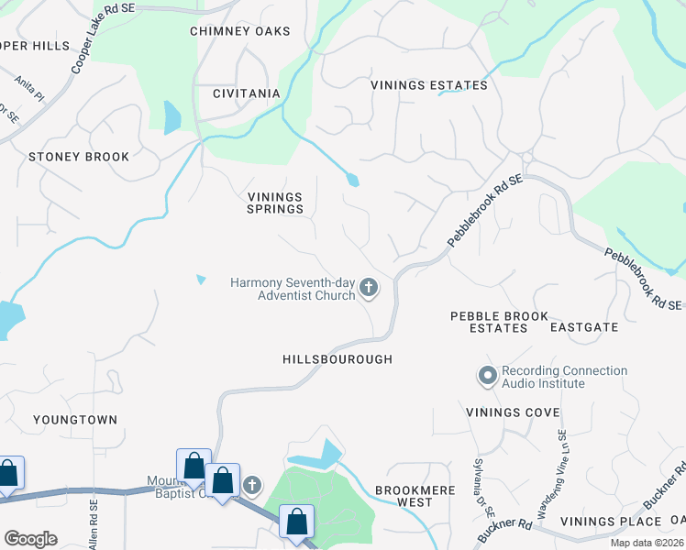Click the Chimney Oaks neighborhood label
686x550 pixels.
[x=239, y=31]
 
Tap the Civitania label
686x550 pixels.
[x=246, y=93]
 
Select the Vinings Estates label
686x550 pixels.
[x=428, y=85]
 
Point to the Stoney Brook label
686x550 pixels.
[x=79, y=157]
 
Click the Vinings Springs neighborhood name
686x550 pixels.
[x=275, y=203]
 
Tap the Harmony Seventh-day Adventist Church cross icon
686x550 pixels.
[x=369, y=289]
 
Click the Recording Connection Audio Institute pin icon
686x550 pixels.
[x=487, y=376]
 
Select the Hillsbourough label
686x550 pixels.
[x=337, y=359]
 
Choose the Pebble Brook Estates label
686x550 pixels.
[x=499, y=321]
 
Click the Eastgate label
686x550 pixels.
[x=584, y=326]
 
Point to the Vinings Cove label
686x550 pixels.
[x=513, y=412]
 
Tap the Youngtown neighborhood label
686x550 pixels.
[x=75, y=420]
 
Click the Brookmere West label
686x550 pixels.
[x=415, y=496]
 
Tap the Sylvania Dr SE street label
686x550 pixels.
[x=479, y=483]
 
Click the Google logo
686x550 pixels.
[x=30, y=539]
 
